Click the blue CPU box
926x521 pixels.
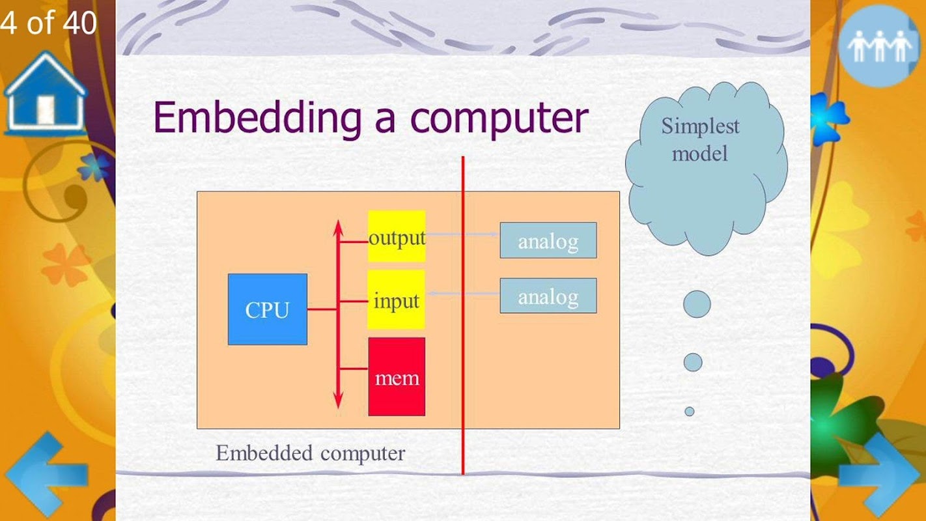[267, 309]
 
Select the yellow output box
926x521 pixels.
[396, 236]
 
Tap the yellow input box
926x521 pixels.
[396, 300]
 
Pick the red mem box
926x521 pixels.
[396, 376]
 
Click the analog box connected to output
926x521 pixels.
[548, 240]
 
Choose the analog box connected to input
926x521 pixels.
[548, 296]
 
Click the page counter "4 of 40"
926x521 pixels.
[48, 23]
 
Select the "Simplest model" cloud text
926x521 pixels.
[700, 139]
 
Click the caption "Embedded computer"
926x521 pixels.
[310, 453]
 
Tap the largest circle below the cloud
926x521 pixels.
[696, 304]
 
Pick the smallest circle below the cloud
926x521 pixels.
[689, 411]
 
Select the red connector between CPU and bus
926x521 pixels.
[322, 309]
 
